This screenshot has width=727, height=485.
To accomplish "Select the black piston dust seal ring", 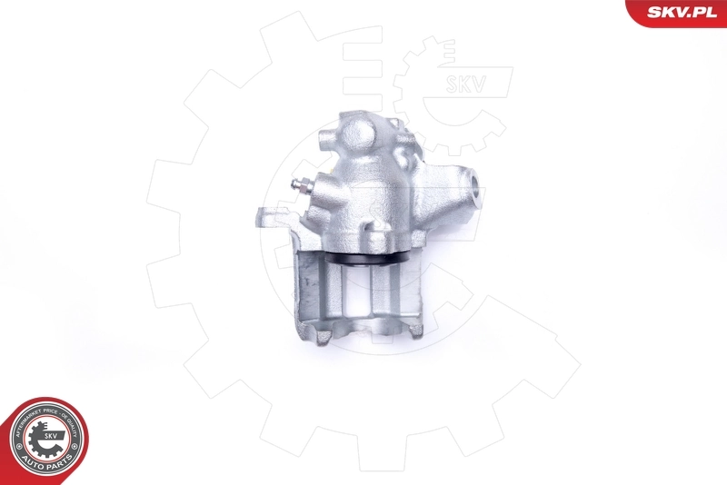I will pos(364,263).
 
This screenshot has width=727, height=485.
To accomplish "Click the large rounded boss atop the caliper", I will pos(352,135).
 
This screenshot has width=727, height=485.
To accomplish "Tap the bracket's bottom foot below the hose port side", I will pos(415,329).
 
